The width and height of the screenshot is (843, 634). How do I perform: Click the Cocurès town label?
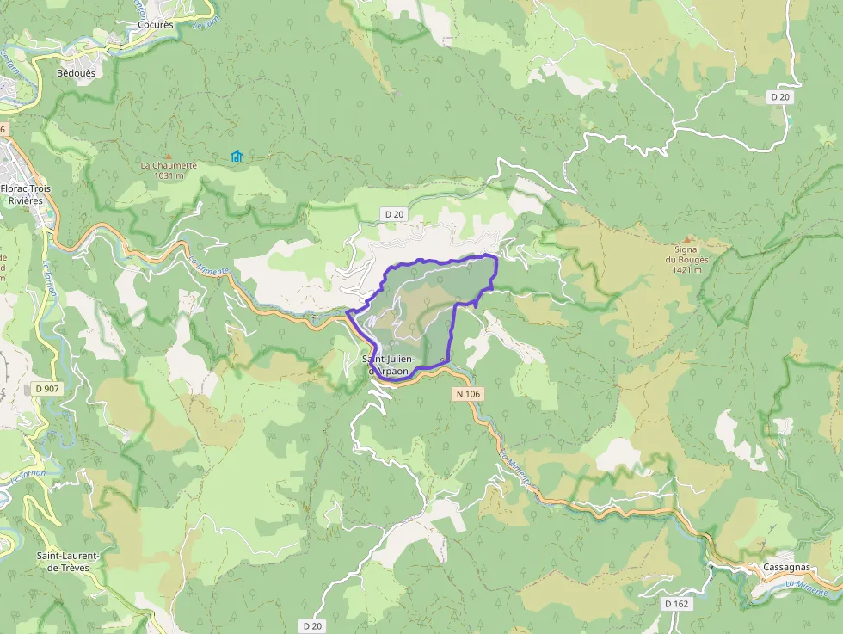click(156, 25)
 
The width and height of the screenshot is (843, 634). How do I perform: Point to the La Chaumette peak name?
click(169, 165)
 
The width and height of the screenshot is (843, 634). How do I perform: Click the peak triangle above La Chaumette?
click(169, 156)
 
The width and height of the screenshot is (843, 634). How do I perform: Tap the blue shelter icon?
click(236, 156)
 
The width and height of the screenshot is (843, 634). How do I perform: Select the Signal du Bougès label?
click(686, 255)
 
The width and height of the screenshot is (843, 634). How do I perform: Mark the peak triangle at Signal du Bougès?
click(686, 239)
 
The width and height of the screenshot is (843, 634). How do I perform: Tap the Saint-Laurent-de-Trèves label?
click(68, 562)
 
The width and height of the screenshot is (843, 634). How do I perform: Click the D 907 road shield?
click(47, 389)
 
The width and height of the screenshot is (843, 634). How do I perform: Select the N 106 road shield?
click(468, 393)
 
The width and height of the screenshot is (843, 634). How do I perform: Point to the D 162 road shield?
click(677, 604)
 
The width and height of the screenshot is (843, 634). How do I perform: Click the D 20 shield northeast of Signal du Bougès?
click(780, 97)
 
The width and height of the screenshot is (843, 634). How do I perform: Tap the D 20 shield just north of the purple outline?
click(395, 213)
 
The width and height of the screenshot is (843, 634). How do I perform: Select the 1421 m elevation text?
click(686, 269)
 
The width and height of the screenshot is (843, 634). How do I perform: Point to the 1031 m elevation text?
click(169, 175)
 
